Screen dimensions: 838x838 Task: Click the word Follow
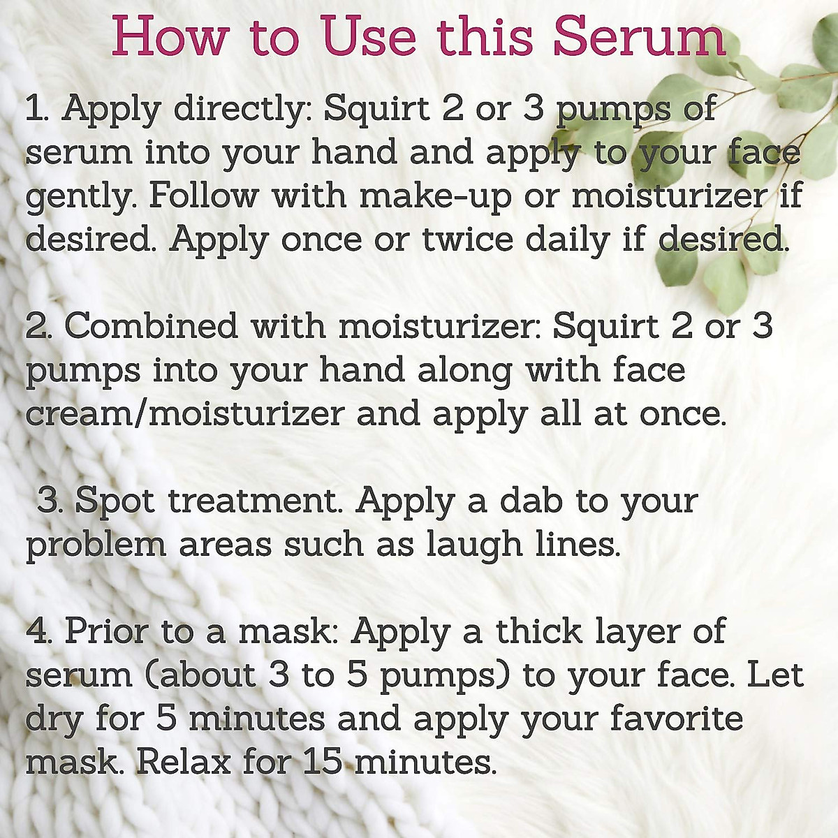(x=203, y=196)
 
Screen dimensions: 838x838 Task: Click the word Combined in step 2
(x=151, y=326)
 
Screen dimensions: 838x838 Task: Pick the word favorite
(x=677, y=719)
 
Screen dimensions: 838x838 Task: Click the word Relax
(x=183, y=762)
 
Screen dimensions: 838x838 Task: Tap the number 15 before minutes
(x=323, y=762)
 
